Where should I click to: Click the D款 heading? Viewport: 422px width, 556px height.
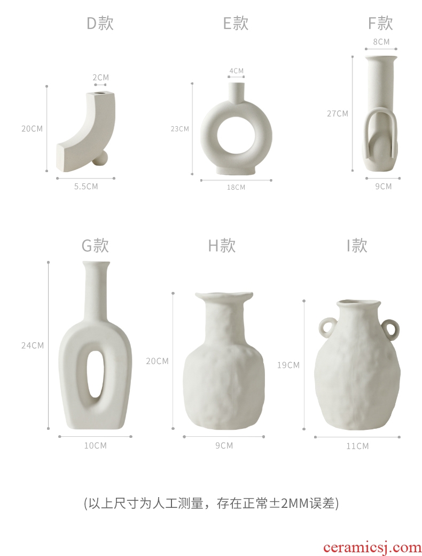(100, 24)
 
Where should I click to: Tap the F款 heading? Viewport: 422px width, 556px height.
(380, 24)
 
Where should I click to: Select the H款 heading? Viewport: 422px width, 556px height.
(222, 245)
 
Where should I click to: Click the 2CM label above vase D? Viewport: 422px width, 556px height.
(101, 78)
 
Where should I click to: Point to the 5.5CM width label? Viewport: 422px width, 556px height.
(86, 187)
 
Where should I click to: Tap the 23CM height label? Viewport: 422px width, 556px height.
(180, 129)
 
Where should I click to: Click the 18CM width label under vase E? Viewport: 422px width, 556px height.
(236, 187)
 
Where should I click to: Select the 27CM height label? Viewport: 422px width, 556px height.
(337, 114)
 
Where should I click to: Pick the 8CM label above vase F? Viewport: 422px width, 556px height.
(381, 42)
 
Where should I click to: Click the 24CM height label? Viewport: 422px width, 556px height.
(33, 345)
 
